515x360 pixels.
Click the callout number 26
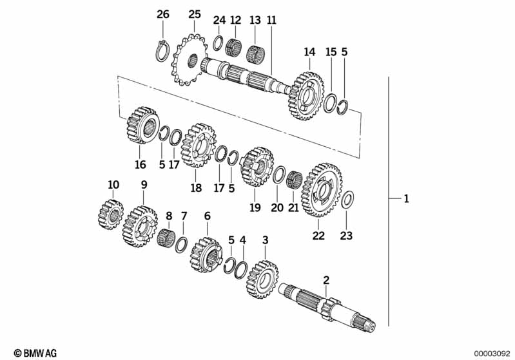point(162,14)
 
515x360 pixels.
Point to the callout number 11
point(271,20)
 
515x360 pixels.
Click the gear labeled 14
point(306,96)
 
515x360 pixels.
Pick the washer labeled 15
point(331,102)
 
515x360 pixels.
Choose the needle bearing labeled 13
point(256,53)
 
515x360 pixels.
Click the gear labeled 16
point(143,125)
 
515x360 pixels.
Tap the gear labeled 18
point(199,146)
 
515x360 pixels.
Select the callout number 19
point(255,207)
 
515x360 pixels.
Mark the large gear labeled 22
point(322,190)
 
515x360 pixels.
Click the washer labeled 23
point(347,200)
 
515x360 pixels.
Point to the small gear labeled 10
point(111,214)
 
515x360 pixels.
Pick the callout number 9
point(144,185)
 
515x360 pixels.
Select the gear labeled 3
point(262,279)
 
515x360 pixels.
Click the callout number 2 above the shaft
point(326,280)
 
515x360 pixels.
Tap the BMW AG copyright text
point(35,353)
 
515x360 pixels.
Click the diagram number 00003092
point(492,354)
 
